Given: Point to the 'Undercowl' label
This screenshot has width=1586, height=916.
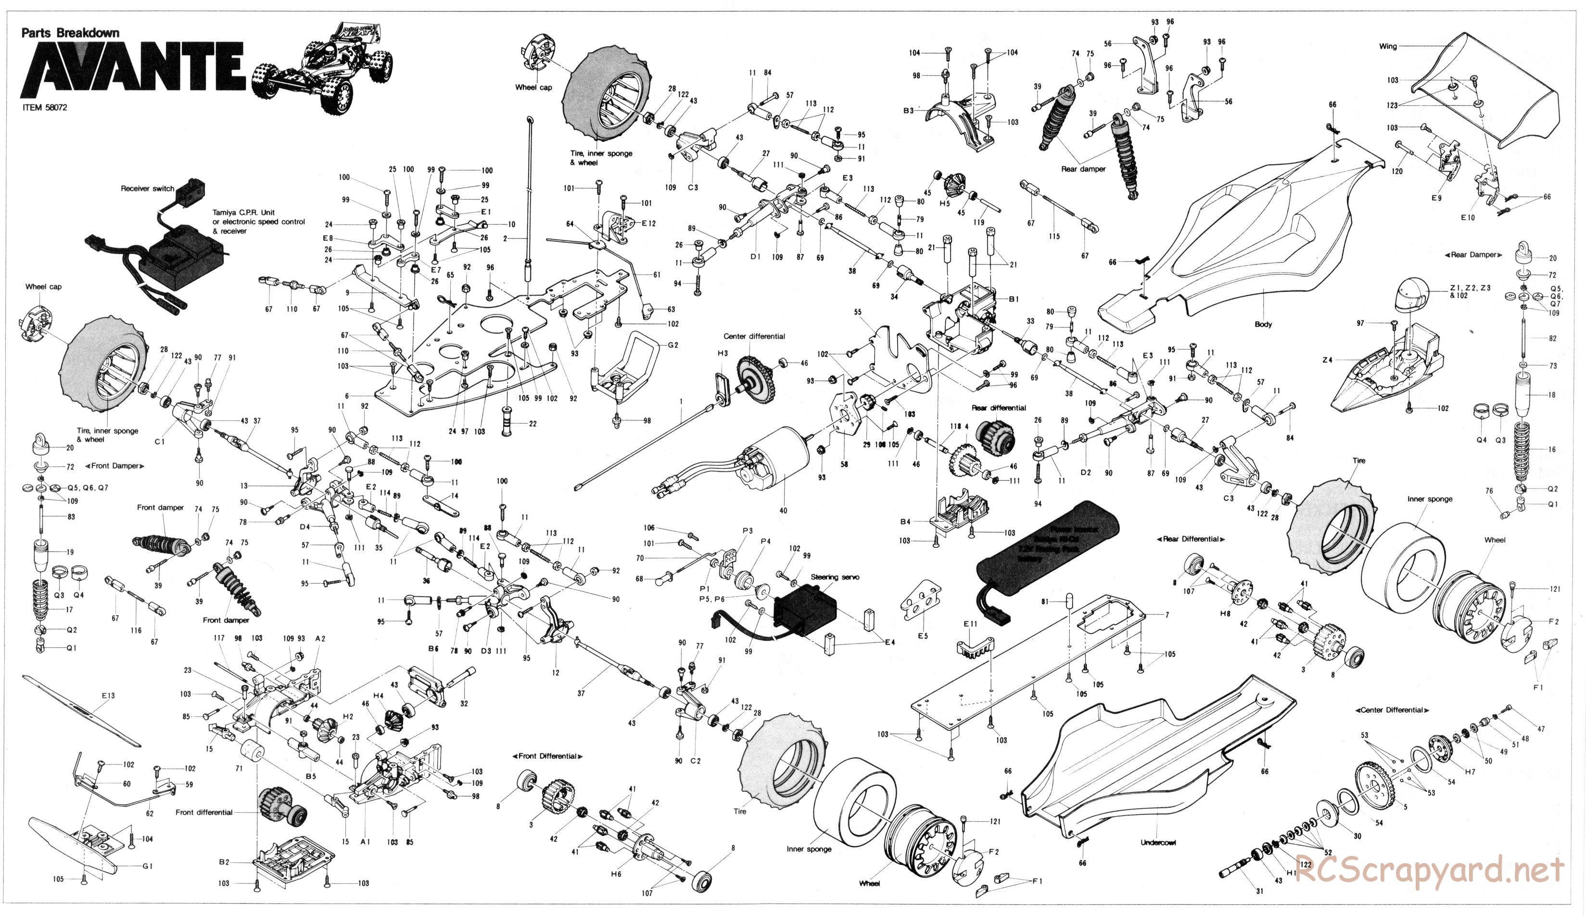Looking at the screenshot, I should pyautogui.click(x=1157, y=842).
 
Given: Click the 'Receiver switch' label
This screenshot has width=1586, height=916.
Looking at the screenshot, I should pyautogui.click(x=147, y=188).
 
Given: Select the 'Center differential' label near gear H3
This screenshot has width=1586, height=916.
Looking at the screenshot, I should pyautogui.click(x=754, y=337).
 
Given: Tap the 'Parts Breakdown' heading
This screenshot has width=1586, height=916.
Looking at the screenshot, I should pyautogui.click(x=70, y=33).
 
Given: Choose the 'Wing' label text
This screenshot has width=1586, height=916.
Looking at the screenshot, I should pyautogui.click(x=1387, y=46).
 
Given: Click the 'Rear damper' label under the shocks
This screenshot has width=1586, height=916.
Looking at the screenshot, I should pyautogui.click(x=1083, y=169).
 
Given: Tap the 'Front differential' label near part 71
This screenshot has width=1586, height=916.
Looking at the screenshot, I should pyautogui.click(x=204, y=812).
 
